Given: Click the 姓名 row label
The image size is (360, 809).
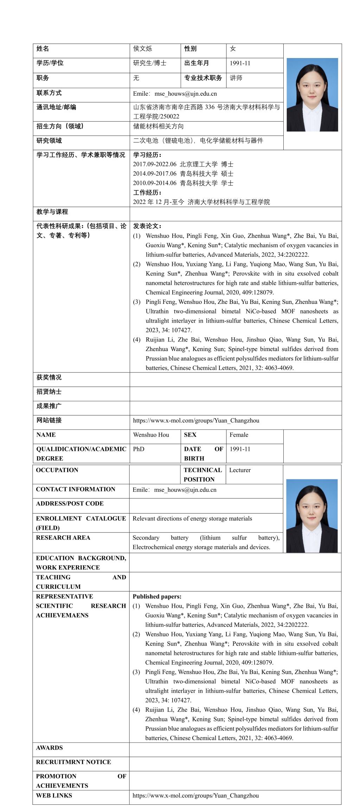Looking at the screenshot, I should [x=43, y=49].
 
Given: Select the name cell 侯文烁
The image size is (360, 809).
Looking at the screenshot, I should [x=142, y=49].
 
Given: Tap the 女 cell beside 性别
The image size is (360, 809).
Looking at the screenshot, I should [x=233, y=49].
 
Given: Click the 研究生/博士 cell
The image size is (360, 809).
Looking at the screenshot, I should [x=149, y=63].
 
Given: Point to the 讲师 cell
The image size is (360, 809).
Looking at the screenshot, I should [x=236, y=78].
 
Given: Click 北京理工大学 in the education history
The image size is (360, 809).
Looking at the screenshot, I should [x=199, y=164].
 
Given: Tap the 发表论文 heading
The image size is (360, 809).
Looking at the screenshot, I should [x=147, y=226].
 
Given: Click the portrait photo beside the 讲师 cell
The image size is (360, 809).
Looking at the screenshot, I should [x=312, y=95].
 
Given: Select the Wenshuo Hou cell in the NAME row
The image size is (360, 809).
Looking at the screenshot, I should [x=151, y=435].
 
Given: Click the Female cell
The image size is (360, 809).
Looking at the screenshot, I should [x=239, y=435].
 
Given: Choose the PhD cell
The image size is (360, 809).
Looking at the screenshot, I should [x=139, y=449].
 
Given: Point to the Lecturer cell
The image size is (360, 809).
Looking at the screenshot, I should [x=240, y=470].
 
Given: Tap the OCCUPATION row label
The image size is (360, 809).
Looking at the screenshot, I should [x=57, y=470].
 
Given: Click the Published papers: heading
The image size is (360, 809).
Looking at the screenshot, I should [x=157, y=597].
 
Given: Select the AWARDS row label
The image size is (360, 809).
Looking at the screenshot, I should [x=49, y=748].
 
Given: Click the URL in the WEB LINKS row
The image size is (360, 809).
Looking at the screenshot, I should [x=195, y=796].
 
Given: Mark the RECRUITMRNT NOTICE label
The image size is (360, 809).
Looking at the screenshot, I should [x=73, y=762].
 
